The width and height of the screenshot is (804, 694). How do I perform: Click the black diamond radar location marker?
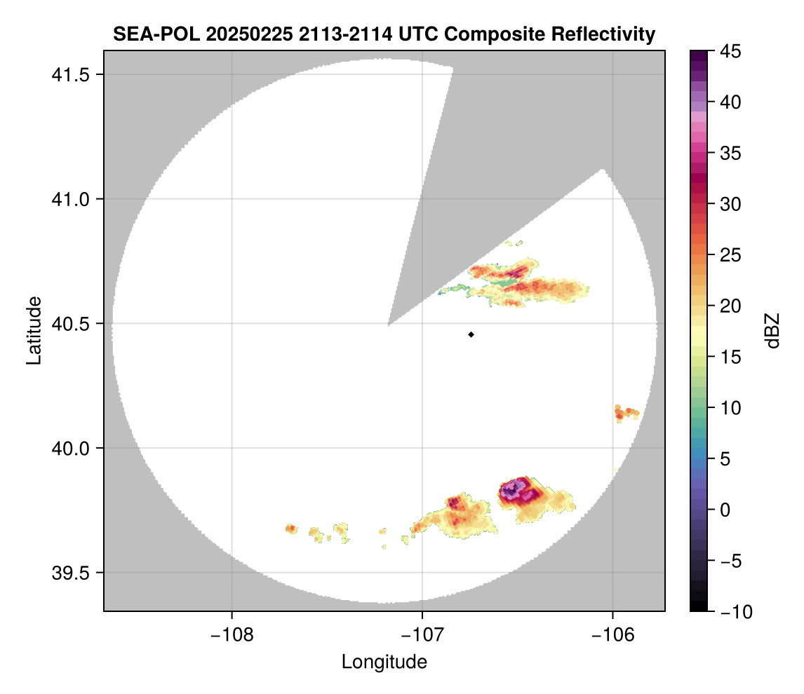pos(471,334)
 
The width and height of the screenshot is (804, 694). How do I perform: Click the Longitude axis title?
pos(384,661)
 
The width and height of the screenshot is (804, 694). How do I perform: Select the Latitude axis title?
pos(34,330)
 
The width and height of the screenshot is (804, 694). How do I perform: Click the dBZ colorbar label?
pos(772,330)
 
